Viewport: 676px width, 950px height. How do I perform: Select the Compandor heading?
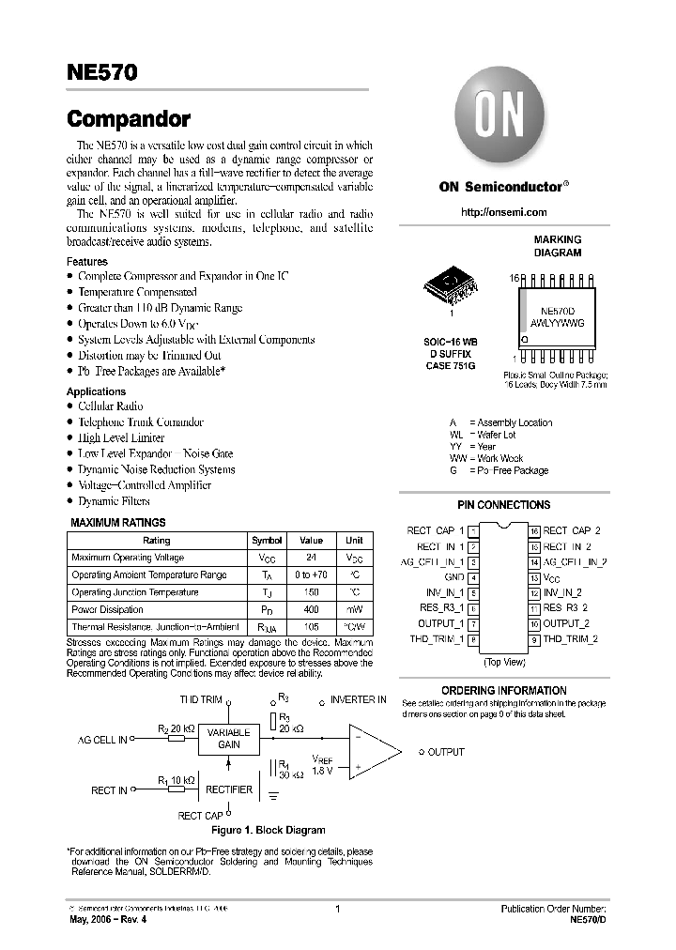[x=129, y=119]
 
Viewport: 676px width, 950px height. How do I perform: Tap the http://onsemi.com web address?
[x=502, y=213]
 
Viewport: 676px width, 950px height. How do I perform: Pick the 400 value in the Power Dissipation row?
[x=311, y=609]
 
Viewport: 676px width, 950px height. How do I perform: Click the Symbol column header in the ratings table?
[x=267, y=541]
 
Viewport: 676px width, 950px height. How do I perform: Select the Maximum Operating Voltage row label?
[x=128, y=558]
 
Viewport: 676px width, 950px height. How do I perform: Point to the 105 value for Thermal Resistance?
[x=311, y=626]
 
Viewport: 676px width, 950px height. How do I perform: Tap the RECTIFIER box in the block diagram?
[x=228, y=789]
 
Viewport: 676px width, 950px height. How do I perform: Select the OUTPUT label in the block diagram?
[x=446, y=752]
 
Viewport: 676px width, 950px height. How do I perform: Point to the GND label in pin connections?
[x=454, y=577]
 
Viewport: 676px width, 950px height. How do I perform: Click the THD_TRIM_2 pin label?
[x=570, y=639]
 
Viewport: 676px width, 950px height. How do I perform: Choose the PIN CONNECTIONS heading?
[x=503, y=505]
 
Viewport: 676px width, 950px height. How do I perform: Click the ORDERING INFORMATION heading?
[x=503, y=690]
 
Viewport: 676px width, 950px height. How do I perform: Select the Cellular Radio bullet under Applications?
[x=110, y=406]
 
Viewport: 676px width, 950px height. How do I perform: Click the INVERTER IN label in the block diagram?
[x=357, y=699]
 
